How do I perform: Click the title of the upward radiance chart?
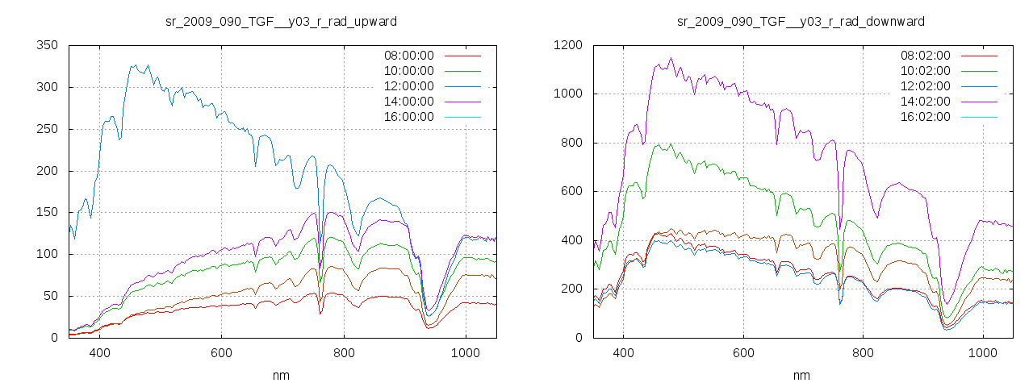click(x=281, y=21)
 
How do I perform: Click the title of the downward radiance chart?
click(x=801, y=21)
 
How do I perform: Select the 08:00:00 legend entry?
click(x=408, y=56)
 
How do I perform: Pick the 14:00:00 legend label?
click(x=408, y=102)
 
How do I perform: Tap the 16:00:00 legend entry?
click(x=408, y=117)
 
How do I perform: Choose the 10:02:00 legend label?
click(x=926, y=71)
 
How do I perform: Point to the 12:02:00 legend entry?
click(x=926, y=86)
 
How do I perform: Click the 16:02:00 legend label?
click(x=926, y=117)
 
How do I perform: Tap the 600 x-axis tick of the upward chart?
click(x=222, y=353)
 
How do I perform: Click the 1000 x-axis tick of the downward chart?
click(x=983, y=353)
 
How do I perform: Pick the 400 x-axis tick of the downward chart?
click(x=623, y=353)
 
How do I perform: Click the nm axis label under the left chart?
click(x=281, y=375)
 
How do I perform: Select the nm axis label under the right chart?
click(x=801, y=375)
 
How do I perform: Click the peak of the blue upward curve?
click(x=135, y=65)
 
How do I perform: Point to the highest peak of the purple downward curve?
click(x=670, y=58)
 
